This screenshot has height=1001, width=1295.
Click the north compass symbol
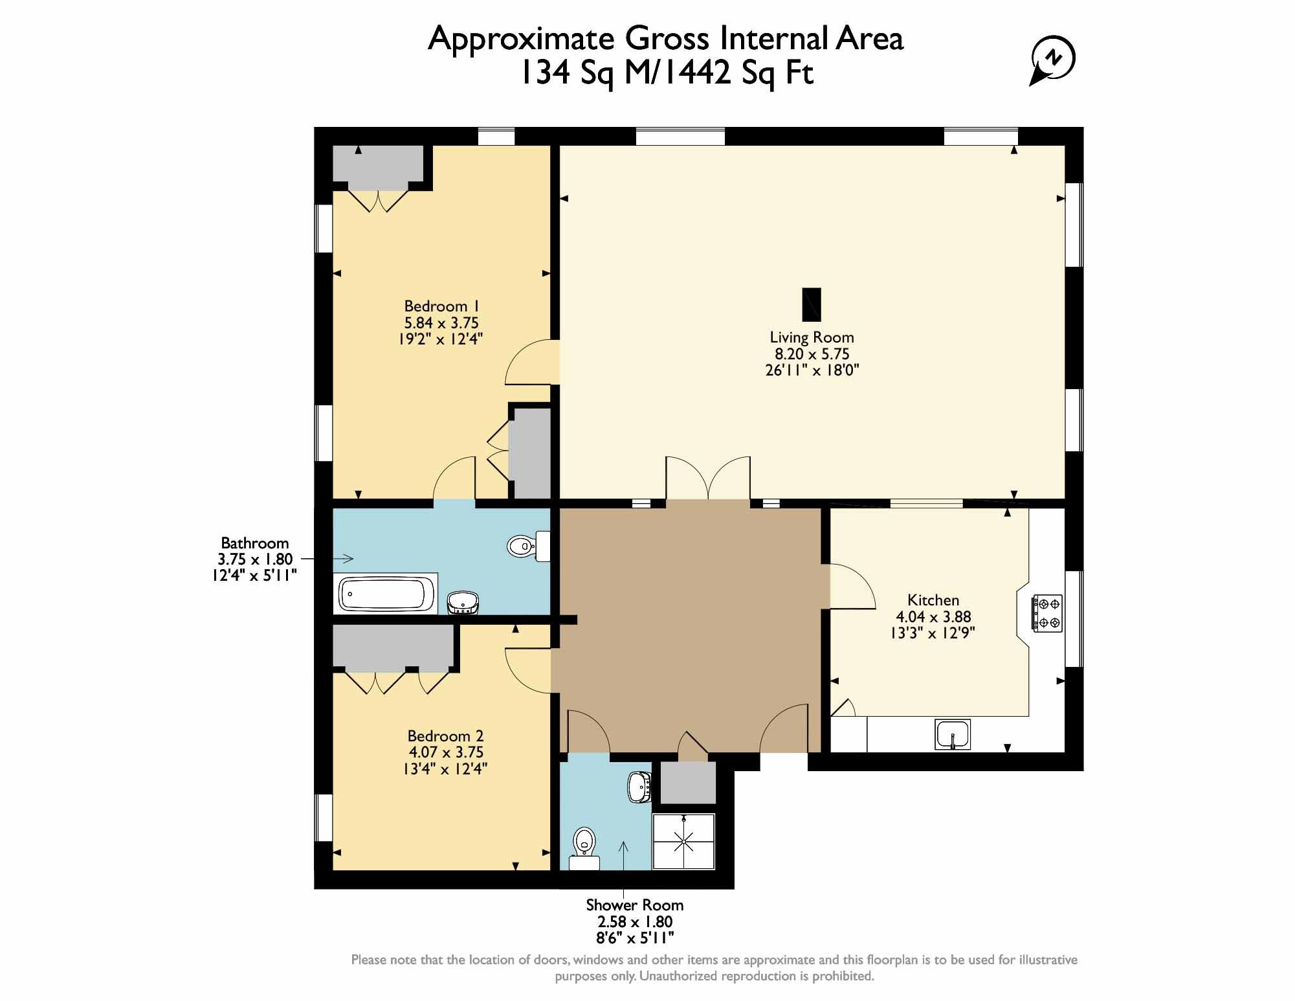tap(1054, 60)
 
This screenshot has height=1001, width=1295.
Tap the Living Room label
tap(812, 337)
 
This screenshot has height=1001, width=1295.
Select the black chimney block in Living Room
tap(812, 304)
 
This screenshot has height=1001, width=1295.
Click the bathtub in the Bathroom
tap(386, 594)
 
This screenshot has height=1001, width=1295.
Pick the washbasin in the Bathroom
tap(463, 602)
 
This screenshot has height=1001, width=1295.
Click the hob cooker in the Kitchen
tap(1046, 613)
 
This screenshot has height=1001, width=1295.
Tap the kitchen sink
tap(953, 734)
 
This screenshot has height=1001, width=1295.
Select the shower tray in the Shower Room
tap(684, 841)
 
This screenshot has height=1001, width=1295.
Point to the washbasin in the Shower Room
tap(639, 787)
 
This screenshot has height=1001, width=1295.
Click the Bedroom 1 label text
tap(441, 306)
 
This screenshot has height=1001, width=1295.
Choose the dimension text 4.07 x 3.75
tap(445, 752)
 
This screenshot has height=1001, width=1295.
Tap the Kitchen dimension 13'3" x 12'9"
tap(933, 633)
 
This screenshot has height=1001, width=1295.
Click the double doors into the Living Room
tap(708, 479)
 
